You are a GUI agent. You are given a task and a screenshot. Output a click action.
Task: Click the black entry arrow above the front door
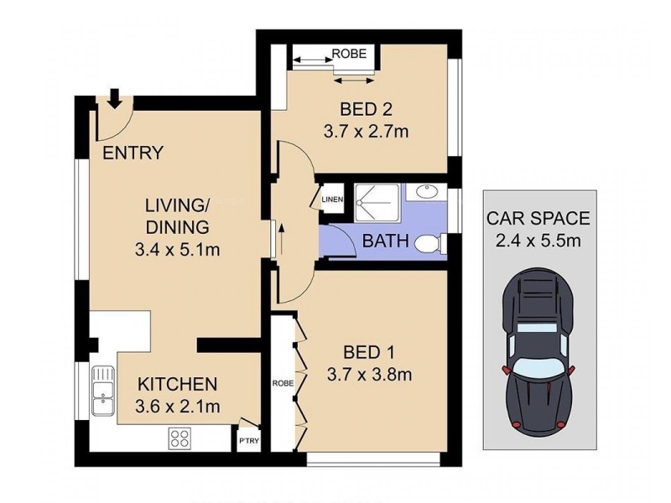point(114,96)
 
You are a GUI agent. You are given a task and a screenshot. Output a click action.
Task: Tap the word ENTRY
point(133,153)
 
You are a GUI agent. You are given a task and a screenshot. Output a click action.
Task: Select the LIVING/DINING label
point(176,216)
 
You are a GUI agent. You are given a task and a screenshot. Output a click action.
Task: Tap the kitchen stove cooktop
point(179,436)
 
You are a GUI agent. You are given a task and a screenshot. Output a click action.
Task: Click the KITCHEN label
point(178,385)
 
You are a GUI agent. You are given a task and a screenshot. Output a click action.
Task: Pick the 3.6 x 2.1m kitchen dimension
point(178,407)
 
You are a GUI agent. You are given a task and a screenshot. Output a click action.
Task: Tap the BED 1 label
point(362,351)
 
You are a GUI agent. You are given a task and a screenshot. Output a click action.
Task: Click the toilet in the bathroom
point(429,244)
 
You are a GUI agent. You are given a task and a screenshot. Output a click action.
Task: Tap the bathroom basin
point(429,192)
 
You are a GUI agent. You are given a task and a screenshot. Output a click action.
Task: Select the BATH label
point(385,242)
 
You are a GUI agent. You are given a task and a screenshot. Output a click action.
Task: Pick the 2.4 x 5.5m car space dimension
point(538,242)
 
